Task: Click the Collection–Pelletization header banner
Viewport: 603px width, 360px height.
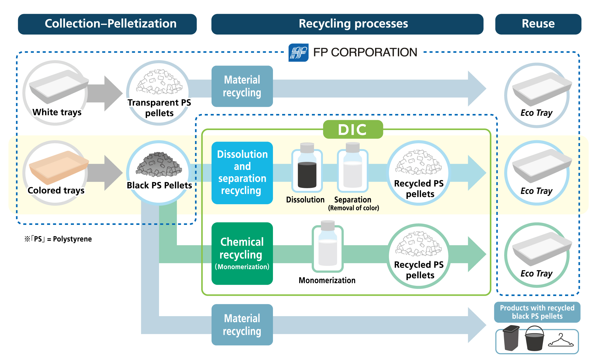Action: [x=107, y=24]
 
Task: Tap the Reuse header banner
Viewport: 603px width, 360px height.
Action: [x=538, y=24]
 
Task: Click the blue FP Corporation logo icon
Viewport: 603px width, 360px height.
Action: [x=298, y=53]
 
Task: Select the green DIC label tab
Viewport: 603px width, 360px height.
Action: [x=353, y=130]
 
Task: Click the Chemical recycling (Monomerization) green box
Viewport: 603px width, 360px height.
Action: [x=242, y=253]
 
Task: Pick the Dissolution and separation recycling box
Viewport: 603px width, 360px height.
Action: [x=242, y=173]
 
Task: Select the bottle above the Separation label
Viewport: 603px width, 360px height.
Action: [x=353, y=168]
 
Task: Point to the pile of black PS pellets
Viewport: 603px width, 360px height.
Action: [x=159, y=165]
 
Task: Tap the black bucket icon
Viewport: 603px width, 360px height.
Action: [x=534, y=339]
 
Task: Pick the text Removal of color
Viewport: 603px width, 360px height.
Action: [x=353, y=208]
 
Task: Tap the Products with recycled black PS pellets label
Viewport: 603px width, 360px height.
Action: [x=537, y=312]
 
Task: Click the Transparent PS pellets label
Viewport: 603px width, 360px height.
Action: [x=159, y=108]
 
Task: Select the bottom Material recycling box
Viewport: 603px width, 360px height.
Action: [x=242, y=325]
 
